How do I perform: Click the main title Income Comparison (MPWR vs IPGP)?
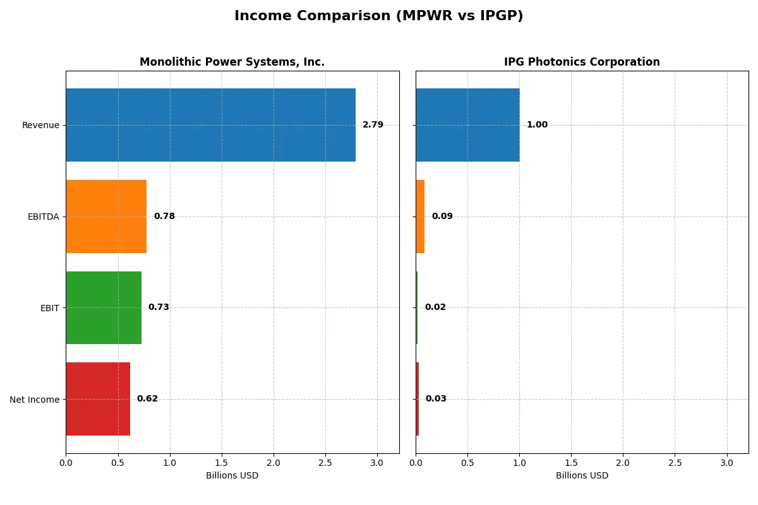(x=378, y=16)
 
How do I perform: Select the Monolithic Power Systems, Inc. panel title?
(x=232, y=62)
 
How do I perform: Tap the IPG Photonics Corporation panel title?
(x=582, y=62)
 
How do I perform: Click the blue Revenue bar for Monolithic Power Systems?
(x=210, y=125)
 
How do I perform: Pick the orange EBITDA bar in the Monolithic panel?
(x=106, y=217)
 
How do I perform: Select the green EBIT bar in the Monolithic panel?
(x=104, y=307)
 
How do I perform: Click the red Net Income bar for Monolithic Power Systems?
(x=98, y=399)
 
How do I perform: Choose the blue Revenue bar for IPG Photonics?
(x=467, y=125)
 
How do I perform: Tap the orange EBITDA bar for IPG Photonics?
(x=420, y=217)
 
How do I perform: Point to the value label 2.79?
(x=373, y=125)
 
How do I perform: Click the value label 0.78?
(x=164, y=217)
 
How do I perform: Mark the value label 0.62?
(x=147, y=399)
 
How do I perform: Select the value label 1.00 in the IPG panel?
(x=537, y=125)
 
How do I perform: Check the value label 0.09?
(x=442, y=217)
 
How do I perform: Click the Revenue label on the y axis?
(x=40, y=125)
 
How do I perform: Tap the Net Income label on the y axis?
(x=34, y=400)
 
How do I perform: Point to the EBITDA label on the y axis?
(x=43, y=217)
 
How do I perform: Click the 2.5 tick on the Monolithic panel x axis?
(x=325, y=463)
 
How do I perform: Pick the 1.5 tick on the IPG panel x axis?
(x=571, y=463)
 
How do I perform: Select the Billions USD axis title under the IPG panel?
(x=582, y=476)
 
